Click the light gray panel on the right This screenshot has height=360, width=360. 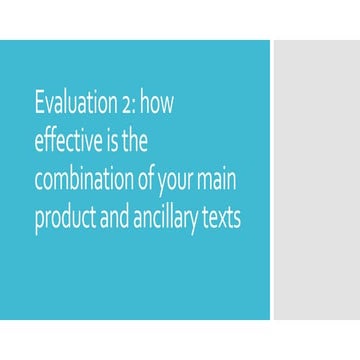pos(316,180)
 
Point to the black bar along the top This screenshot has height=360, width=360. pos(180,18)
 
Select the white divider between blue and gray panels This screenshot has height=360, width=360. pos(272,180)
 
